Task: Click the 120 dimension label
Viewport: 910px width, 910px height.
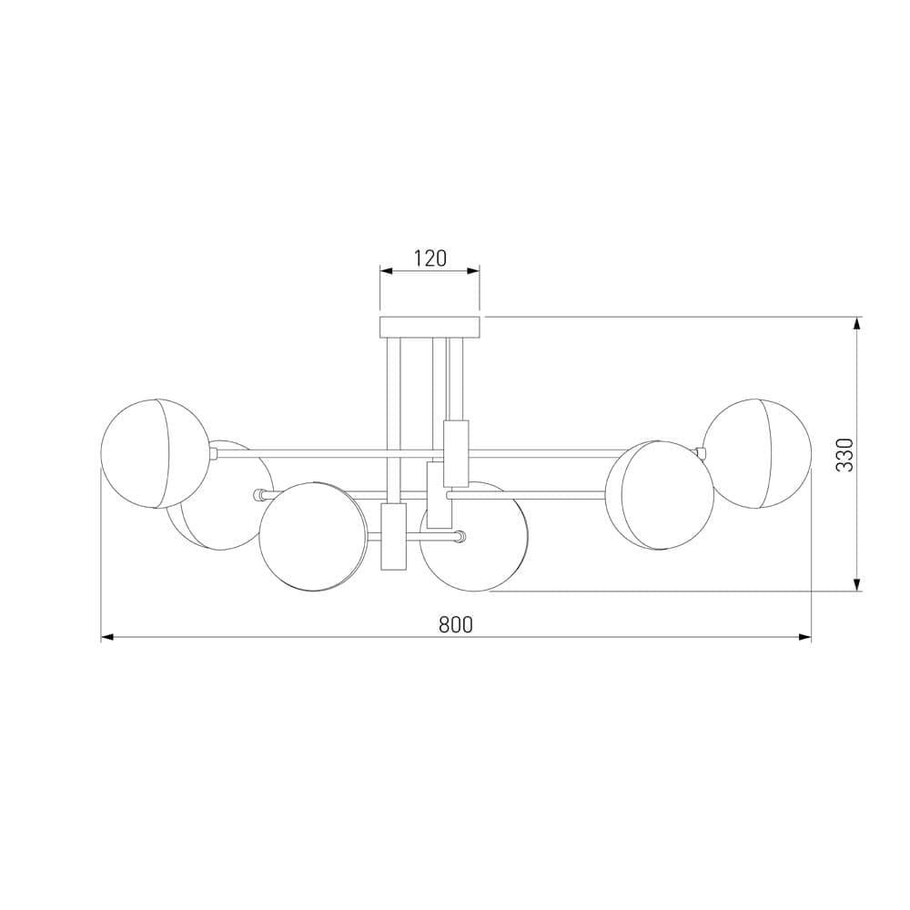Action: point(430,258)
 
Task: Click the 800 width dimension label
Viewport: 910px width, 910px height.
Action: point(456,624)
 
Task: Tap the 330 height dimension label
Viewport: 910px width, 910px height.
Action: point(846,454)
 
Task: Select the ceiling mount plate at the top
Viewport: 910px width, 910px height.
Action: point(430,328)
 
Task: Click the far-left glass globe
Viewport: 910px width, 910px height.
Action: point(155,454)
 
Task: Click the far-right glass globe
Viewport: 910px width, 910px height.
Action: point(757,453)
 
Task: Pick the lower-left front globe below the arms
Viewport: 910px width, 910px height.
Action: point(313,536)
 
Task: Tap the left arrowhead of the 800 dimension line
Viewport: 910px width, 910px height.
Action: point(106,637)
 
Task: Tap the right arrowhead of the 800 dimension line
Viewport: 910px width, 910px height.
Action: point(805,637)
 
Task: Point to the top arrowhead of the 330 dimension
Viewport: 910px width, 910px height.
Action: point(857,323)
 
